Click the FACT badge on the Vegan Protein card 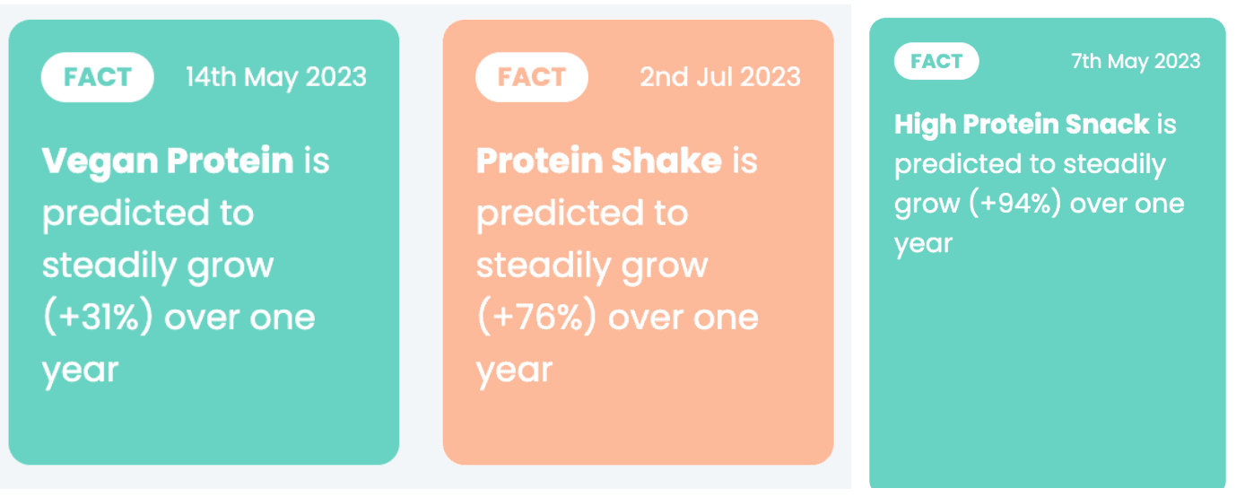click(97, 77)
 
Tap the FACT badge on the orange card click(531, 77)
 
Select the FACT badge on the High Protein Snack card click(936, 61)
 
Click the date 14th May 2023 click(276, 77)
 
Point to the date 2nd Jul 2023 click(720, 77)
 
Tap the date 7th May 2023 click(1136, 61)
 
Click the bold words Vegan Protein click(168, 161)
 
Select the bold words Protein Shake click(599, 161)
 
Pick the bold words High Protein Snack click(1022, 124)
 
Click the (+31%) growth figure click(98, 317)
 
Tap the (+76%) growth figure click(536, 317)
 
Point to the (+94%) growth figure click(1014, 203)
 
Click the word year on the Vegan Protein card click(81, 371)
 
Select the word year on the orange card click(515, 371)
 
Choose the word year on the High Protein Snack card click(924, 244)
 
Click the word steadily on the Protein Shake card click(544, 266)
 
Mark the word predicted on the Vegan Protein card click(126, 214)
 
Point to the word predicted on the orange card click(560, 214)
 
